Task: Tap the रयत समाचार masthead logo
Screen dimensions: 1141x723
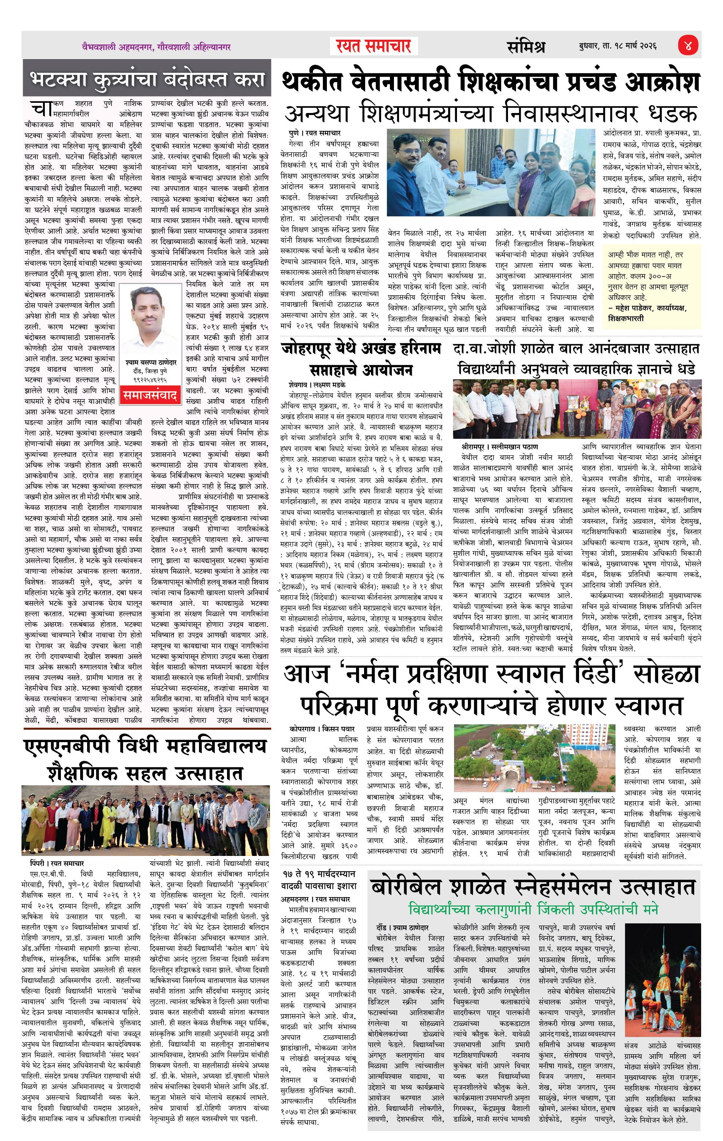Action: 374,46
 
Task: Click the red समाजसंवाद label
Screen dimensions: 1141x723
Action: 151,395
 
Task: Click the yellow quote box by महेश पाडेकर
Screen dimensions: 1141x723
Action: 652,286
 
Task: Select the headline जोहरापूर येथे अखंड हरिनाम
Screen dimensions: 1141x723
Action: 361,349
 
